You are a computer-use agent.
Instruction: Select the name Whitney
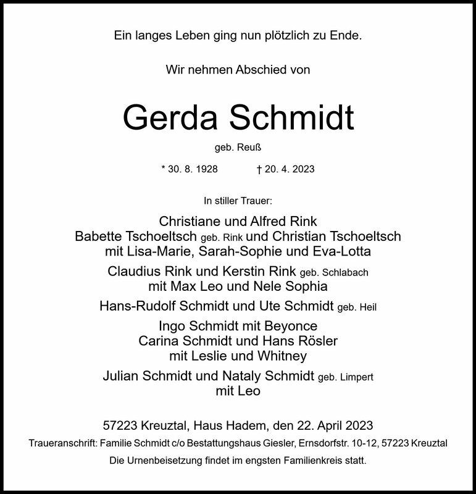click(x=285, y=356)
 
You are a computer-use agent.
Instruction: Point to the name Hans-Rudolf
click(x=135, y=306)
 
